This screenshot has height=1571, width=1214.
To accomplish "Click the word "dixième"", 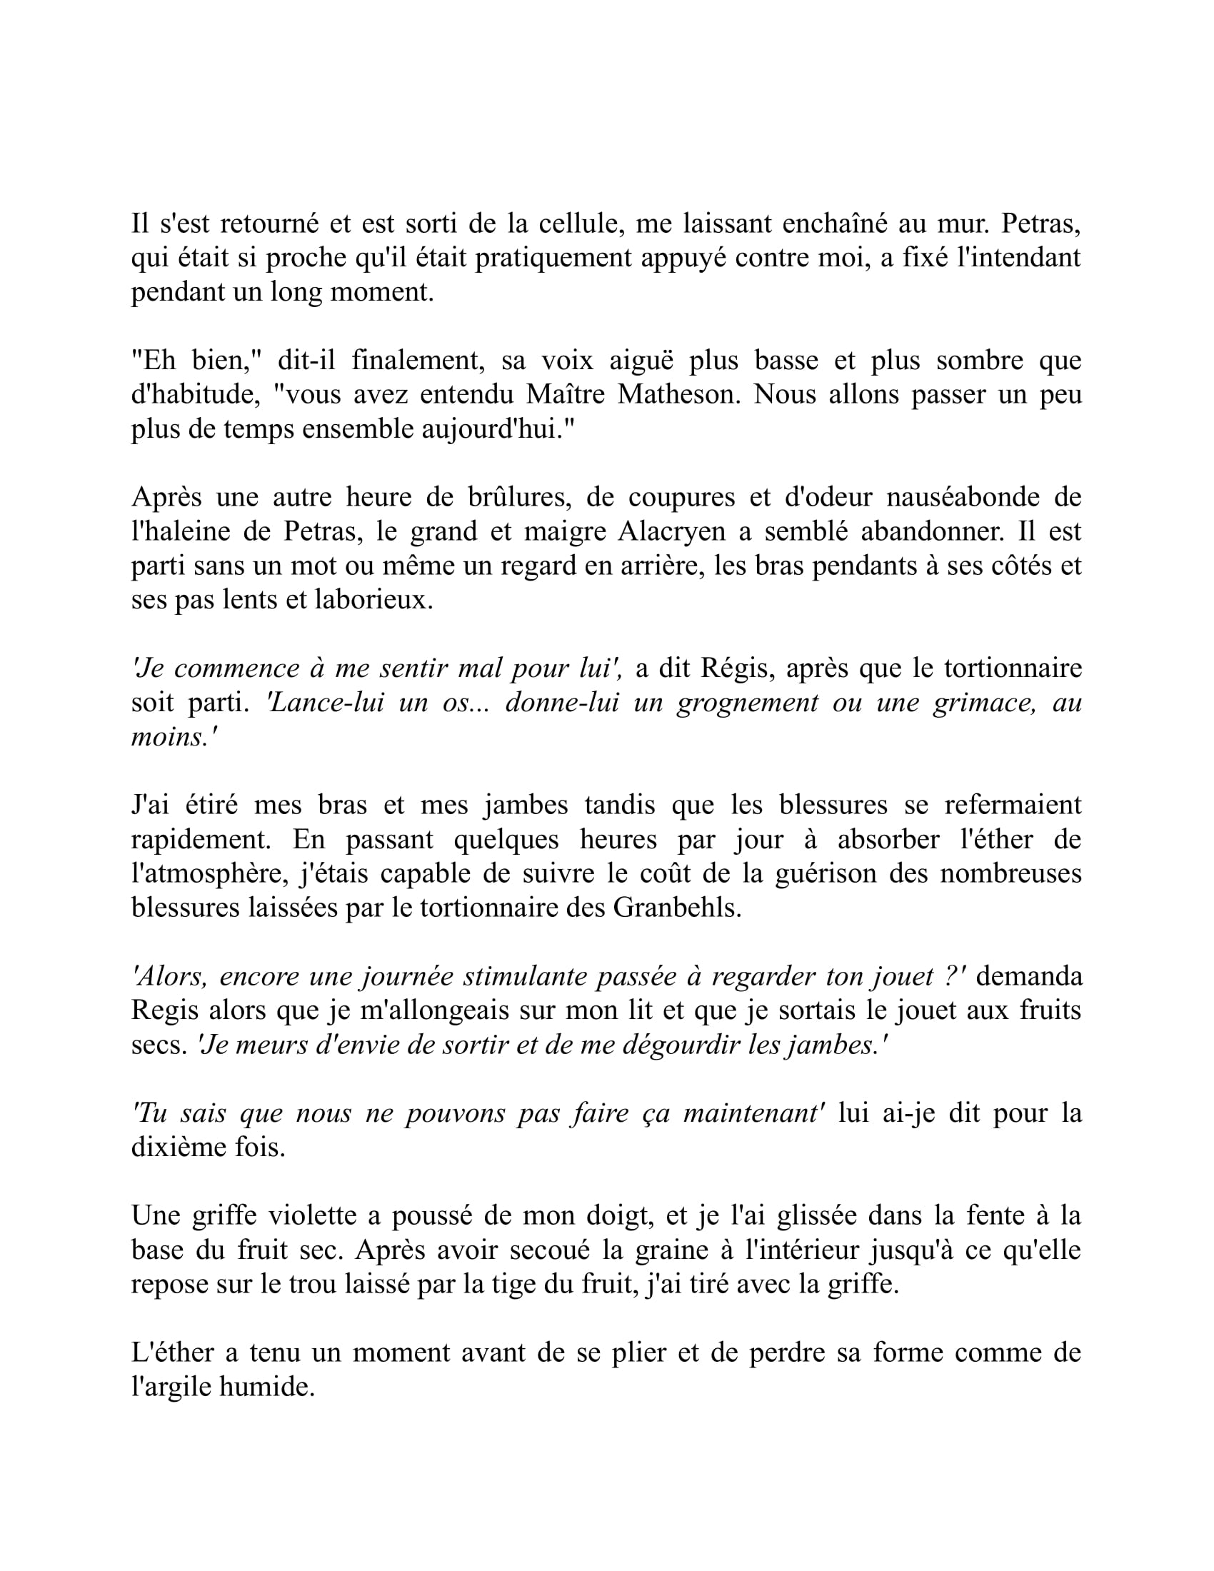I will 178,1148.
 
